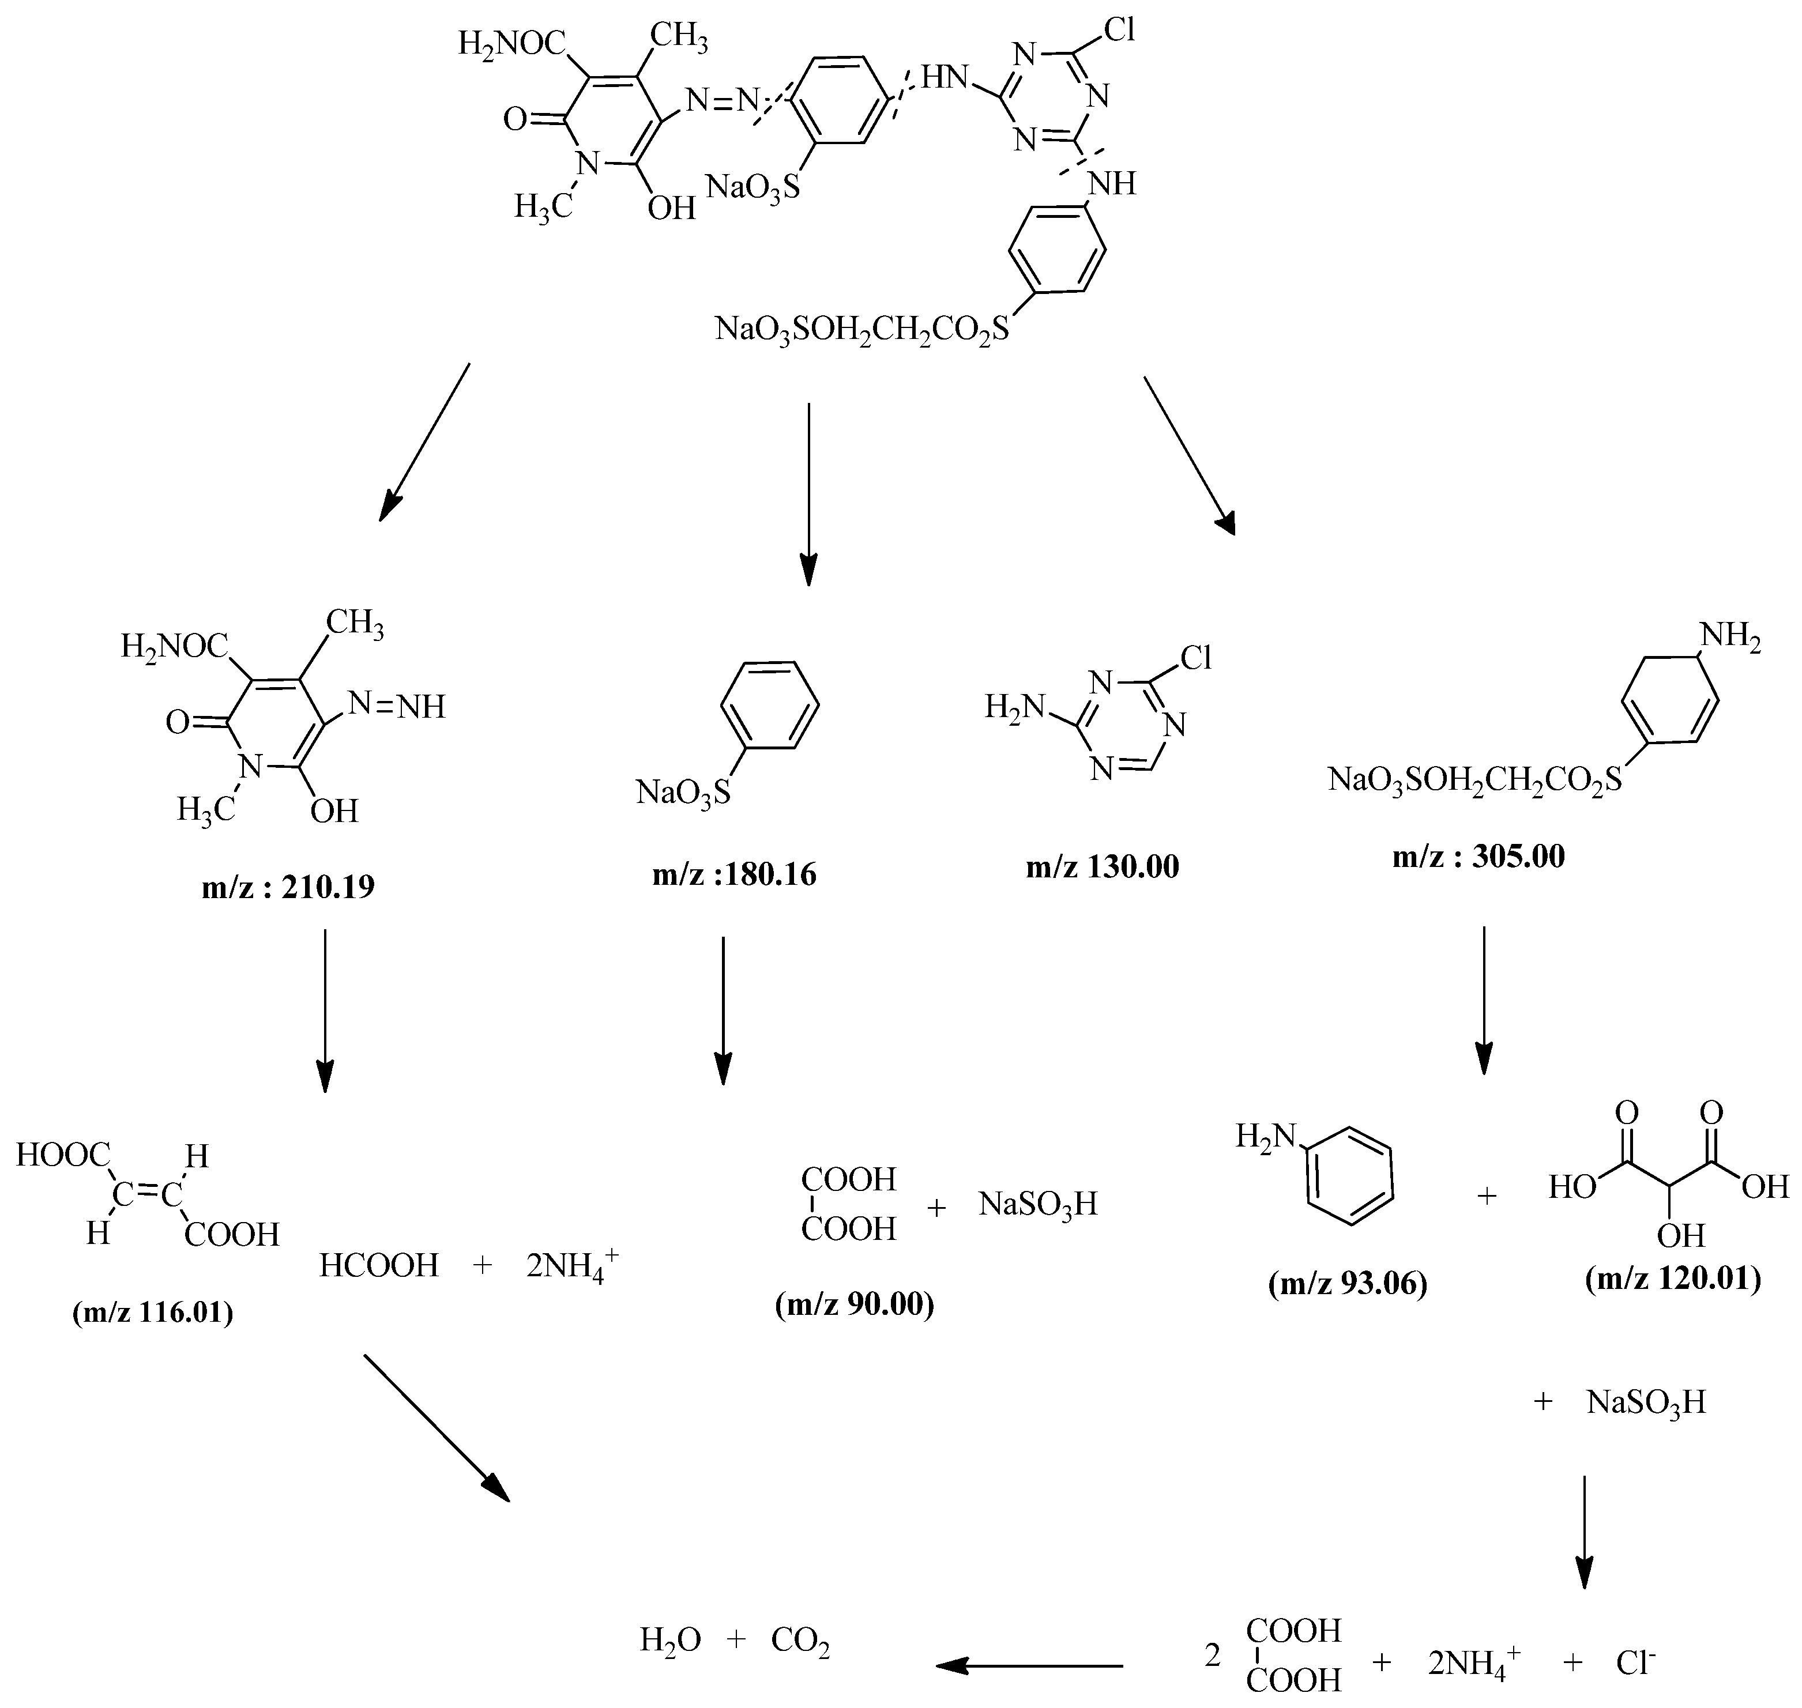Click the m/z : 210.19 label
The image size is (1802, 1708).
tap(288, 887)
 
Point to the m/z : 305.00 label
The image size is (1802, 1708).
tap(1478, 856)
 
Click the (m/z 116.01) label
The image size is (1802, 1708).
tap(153, 1313)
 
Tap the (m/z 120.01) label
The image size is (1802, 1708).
tap(1673, 1279)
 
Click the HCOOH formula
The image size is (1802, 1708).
tap(379, 1265)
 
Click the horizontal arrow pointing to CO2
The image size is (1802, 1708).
tap(1029, 1666)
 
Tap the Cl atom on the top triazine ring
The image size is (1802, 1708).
tap(1119, 31)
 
